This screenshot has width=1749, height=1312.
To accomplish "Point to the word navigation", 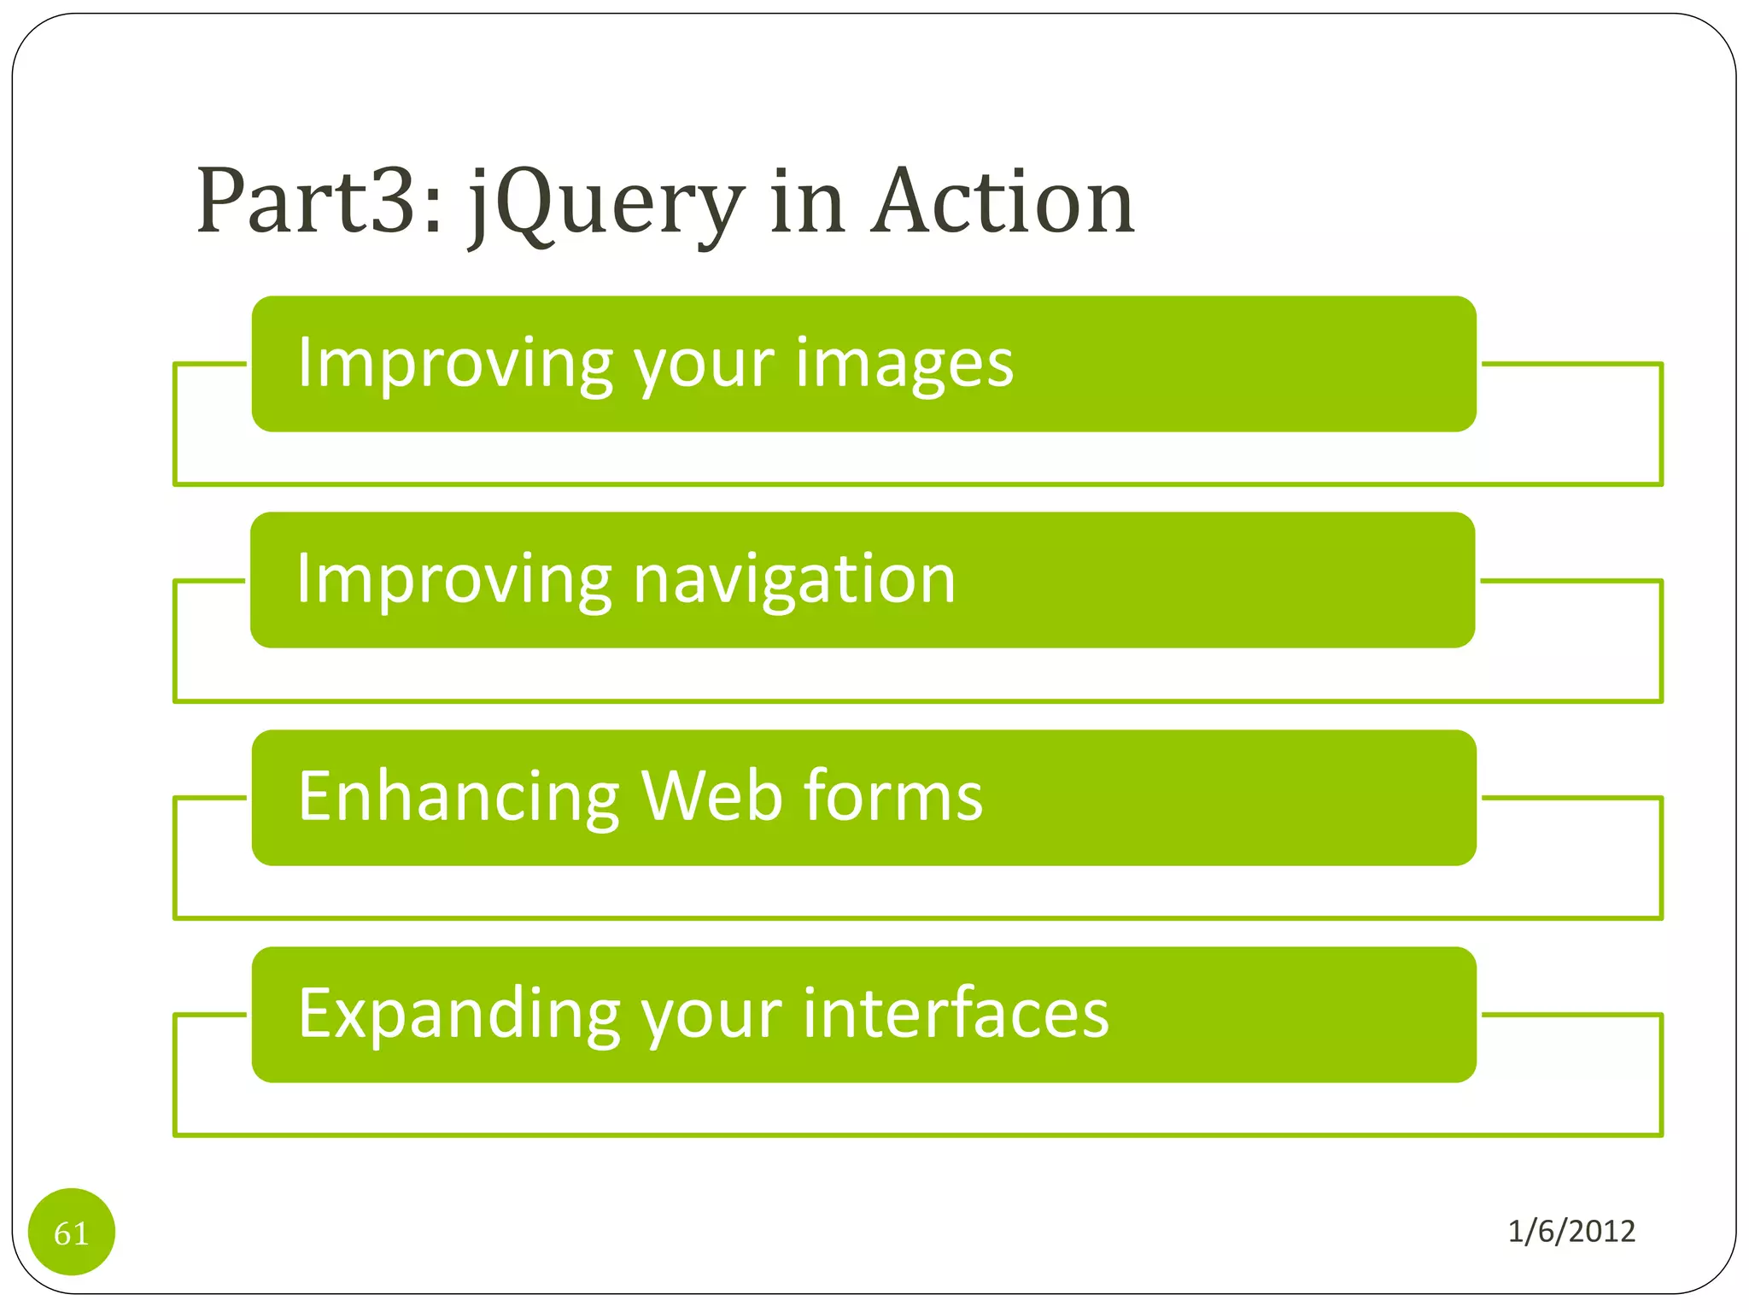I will [x=794, y=581].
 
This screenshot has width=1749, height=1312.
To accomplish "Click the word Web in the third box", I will [x=711, y=797].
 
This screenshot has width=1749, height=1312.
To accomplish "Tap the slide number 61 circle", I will [x=72, y=1232].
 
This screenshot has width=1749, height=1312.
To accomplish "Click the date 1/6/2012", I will [x=1571, y=1231].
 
